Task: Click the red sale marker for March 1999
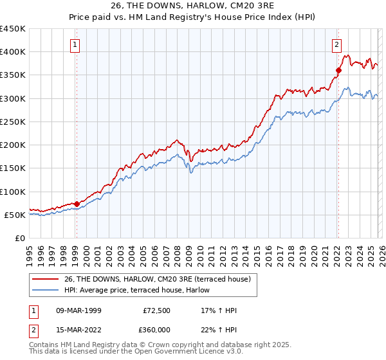[77, 204]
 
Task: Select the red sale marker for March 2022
[338, 70]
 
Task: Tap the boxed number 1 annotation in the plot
[76, 45]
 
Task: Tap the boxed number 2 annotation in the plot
[336, 45]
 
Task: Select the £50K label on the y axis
[15, 215]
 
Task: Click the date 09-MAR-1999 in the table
[79, 311]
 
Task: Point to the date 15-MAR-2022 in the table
[79, 329]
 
